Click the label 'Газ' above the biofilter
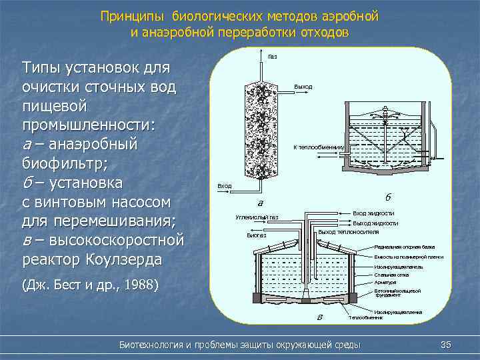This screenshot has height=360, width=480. pyautogui.click(x=273, y=56)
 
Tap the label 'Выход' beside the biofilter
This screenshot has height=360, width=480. pyautogui.click(x=303, y=87)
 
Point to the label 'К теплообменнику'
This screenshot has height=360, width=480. pyautogui.click(x=319, y=147)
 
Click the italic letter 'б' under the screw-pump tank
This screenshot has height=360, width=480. pyautogui.click(x=388, y=197)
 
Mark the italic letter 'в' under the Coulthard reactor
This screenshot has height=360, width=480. pyautogui.click(x=320, y=316)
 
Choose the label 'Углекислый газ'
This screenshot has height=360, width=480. pyautogui.click(x=257, y=217)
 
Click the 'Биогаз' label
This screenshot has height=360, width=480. pyautogui.click(x=257, y=235)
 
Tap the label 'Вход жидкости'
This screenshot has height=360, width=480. pyautogui.click(x=373, y=211)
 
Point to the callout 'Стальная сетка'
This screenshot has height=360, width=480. pyautogui.click(x=392, y=275)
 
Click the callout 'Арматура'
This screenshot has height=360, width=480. pyautogui.click(x=385, y=283)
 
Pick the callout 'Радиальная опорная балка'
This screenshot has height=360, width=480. pyautogui.click(x=405, y=247)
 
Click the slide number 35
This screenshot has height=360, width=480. pyautogui.click(x=447, y=344)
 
